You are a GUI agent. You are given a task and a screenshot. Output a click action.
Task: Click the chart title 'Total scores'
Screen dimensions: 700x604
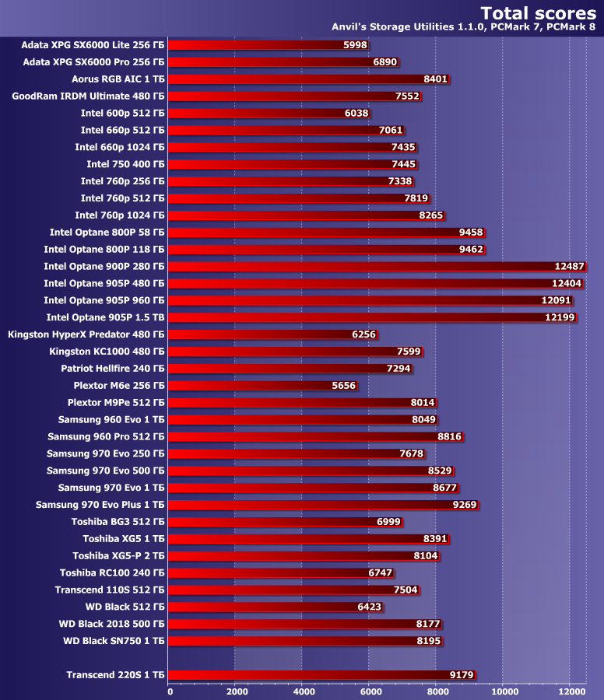pos(538,12)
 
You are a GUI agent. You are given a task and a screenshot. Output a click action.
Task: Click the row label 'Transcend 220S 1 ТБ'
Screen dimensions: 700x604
pos(115,675)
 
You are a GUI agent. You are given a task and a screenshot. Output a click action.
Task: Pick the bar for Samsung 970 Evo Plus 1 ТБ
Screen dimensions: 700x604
pos(322,505)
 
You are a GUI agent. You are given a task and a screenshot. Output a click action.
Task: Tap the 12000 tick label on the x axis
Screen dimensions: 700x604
pos(570,691)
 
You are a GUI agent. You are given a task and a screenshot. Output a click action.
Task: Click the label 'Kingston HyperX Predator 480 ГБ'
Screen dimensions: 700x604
pos(86,334)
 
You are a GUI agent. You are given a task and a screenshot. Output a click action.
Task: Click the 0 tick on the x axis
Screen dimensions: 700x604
pos(170,691)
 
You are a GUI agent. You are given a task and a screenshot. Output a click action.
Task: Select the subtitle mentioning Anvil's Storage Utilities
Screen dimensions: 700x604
pos(464,27)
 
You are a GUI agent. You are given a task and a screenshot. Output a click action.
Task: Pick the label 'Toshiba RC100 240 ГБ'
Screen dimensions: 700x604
pos(112,572)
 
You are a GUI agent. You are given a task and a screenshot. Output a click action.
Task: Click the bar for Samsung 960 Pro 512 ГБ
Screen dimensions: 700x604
pos(314,436)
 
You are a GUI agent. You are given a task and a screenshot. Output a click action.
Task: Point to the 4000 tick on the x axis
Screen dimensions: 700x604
pos(303,691)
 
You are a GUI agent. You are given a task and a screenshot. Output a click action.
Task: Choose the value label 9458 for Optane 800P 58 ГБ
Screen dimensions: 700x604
pos(472,232)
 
